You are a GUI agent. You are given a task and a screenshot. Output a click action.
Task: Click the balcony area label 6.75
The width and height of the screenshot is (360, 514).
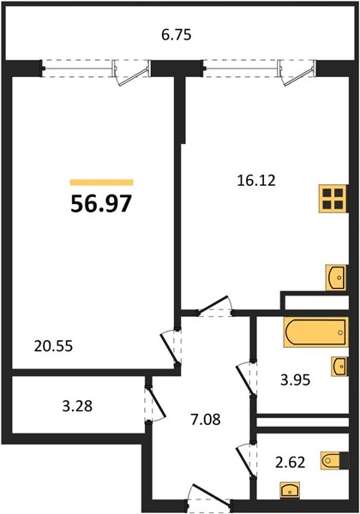pyautogui.click(x=176, y=35)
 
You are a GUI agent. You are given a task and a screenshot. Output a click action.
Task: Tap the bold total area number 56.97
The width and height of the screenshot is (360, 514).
pyautogui.click(x=101, y=204)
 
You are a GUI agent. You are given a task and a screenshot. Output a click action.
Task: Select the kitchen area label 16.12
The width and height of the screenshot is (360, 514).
pyautogui.click(x=256, y=180)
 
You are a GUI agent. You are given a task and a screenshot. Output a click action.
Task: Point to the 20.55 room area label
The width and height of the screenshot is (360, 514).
pyautogui.click(x=53, y=346)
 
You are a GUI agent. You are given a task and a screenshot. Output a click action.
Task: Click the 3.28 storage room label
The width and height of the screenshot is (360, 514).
pyautogui.click(x=77, y=406)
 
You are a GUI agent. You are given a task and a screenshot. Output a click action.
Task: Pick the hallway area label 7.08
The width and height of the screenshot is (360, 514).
pyautogui.click(x=206, y=419)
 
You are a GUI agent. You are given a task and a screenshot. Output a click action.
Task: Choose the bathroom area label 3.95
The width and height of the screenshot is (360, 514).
pyautogui.click(x=295, y=380)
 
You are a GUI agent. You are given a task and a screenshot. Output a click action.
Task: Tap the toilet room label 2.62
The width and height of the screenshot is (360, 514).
pyautogui.click(x=291, y=463)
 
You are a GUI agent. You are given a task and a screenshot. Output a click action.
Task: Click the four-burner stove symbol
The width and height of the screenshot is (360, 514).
pyautogui.click(x=333, y=199)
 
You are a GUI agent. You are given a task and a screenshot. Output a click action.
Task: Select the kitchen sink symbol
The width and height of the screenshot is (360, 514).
pyautogui.click(x=336, y=278)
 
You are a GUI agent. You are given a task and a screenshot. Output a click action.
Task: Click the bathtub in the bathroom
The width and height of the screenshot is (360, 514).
pyautogui.click(x=315, y=332)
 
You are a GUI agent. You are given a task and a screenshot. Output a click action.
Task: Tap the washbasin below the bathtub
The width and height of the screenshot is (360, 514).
pyautogui.click(x=340, y=366)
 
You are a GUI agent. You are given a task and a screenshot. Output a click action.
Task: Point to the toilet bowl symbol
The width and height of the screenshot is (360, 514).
pyautogui.click(x=331, y=460)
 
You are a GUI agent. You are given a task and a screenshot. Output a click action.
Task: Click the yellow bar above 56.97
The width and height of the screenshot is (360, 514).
pyautogui.click(x=102, y=182)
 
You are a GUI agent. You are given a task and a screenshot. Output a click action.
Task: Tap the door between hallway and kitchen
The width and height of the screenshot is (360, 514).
pyautogui.click(x=215, y=308)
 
